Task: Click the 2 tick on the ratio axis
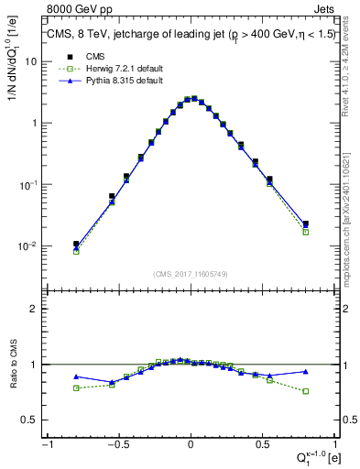(x=35, y=309)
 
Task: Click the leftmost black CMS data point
(x=76, y=244)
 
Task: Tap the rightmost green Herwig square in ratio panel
(x=306, y=391)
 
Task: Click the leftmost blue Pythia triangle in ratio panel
(x=76, y=376)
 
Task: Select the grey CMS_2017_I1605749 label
(x=191, y=275)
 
